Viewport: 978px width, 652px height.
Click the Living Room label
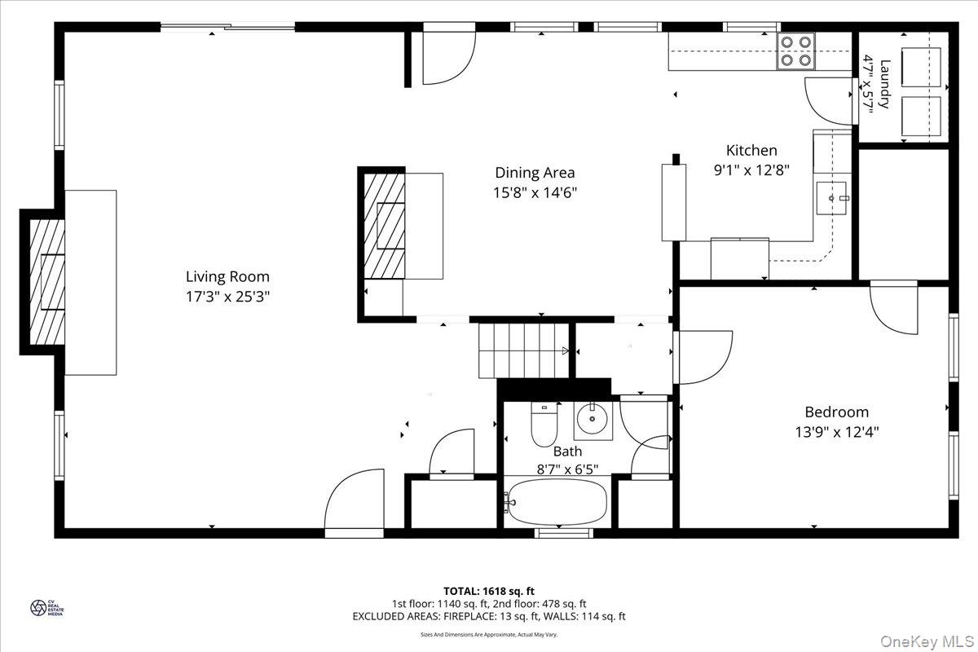(x=227, y=276)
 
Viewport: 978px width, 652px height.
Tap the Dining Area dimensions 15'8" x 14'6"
(x=535, y=193)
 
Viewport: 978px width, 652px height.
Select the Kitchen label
(x=751, y=150)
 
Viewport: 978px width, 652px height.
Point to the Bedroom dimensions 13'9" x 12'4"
(x=837, y=432)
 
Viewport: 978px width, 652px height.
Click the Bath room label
(x=567, y=451)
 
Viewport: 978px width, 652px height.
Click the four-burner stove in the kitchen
(x=796, y=51)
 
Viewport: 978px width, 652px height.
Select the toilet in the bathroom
(x=544, y=424)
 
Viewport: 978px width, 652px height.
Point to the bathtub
(x=557, y=501)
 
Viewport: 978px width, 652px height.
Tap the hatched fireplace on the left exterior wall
(x=47, y=282)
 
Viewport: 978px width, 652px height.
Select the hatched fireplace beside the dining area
(x=383, y=224)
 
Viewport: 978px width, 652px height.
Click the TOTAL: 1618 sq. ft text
(x=489, y=591)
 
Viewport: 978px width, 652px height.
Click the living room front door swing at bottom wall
(x=353, y=505)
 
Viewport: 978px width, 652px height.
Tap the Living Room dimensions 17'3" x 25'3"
(x=227, y=297)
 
